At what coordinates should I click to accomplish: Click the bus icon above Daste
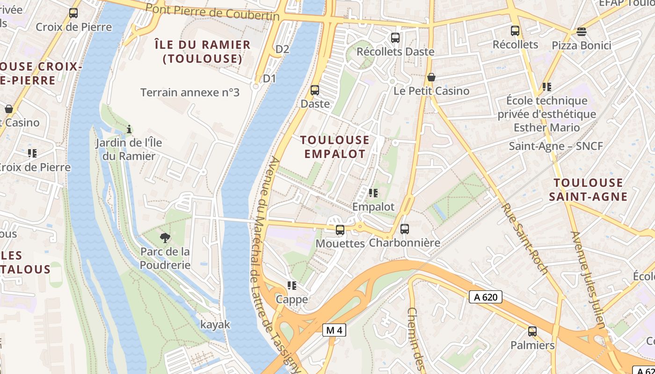[315, 90]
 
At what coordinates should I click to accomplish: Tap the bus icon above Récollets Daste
[395, 38]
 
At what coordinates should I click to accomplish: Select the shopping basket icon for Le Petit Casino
[431, 77]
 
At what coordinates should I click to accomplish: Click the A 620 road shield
[485, 297]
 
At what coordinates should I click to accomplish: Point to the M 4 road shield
[334, 330]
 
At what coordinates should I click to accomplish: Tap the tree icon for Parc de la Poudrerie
[165, 238]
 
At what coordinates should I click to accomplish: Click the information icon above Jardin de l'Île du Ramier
[129, 129]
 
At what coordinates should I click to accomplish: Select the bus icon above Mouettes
[340, 230]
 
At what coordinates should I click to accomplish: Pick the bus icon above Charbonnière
[405, 229]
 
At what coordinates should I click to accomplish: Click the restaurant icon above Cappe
[292, 286]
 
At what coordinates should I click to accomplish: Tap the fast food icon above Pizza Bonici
[581, 32]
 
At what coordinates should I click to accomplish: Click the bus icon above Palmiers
[532, 331]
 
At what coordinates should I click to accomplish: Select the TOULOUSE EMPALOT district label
[335, 147]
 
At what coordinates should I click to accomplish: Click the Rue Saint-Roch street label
[524, 238]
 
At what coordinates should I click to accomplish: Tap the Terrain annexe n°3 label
[190, 93]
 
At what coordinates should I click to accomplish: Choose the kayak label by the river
[215, 324]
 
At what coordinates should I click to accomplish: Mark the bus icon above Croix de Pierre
[73, 13]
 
